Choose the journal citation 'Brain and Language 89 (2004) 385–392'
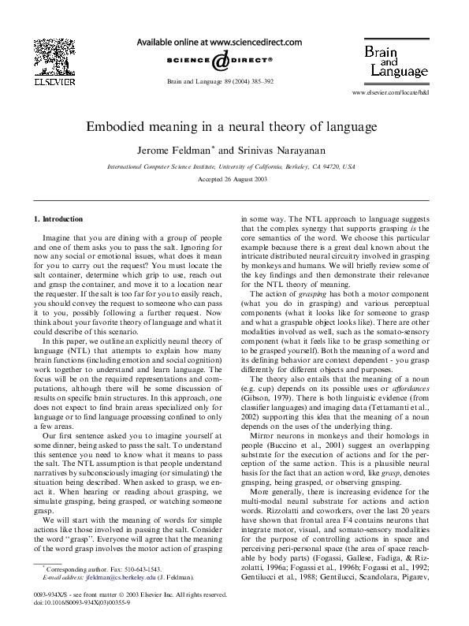click(220, 81)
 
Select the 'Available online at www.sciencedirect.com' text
click(220, 40)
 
